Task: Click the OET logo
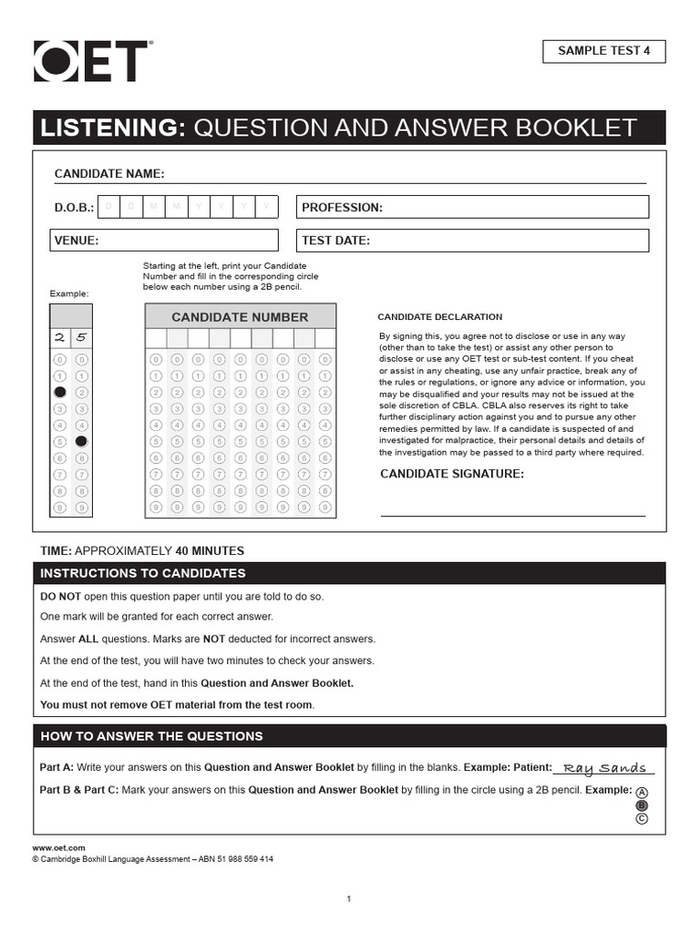pyautogui.click(x=91, y=61)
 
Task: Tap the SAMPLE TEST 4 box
pyautogui.click(x=603, y=52)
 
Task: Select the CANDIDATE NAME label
pyautogui.click(x=109, y=174)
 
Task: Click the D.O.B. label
pyautogui.click(x=74, y=208)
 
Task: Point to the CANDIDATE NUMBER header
pyautogui.click(x=240, y=317)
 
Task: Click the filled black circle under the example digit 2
pyautogui.click(x=59, y=392)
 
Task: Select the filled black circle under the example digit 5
pyautogui.click(x=81, y=441)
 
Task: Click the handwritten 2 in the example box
pyautogui.click(x=59, y=337)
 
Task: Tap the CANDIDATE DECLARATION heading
pyautogui.click(x=439, y=317)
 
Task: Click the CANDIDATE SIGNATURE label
pyautogui.click(x=451, y=474)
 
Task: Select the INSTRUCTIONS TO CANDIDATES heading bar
pyautogui.click(x=349, y=574)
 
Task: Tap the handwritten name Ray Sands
pyautogui.click(x=604, y=767)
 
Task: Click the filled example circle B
pyautogui.click(x=642, y=805)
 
